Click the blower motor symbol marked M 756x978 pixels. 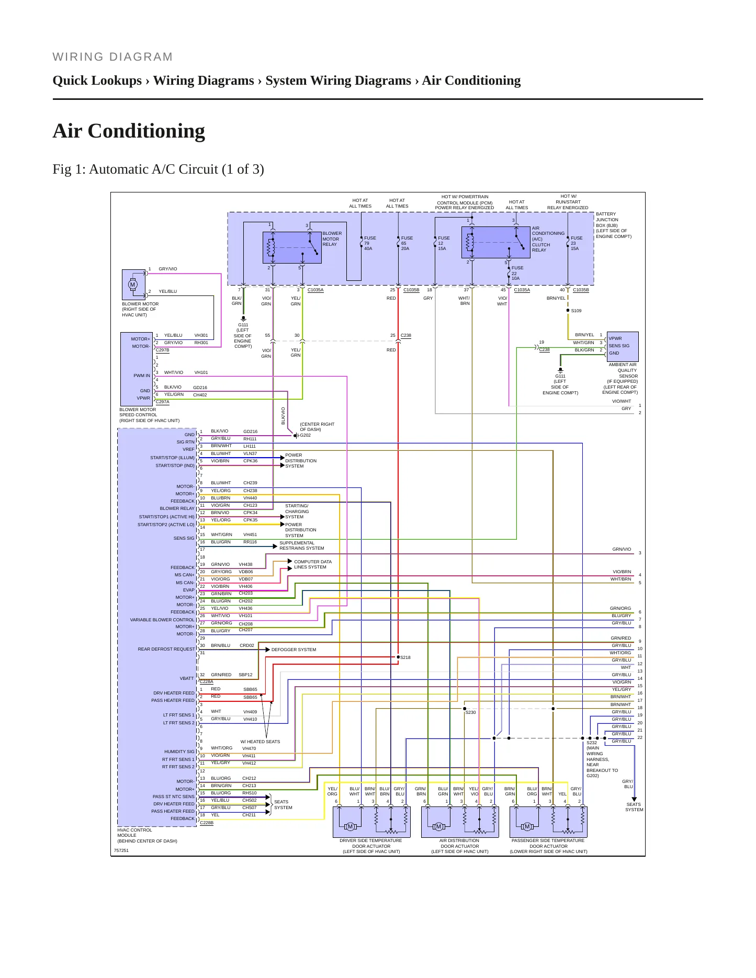[132, 285]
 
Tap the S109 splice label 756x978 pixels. [576, 311]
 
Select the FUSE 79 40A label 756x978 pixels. [370, 243]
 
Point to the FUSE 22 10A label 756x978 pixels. [517, 273]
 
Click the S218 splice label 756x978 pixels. [405, 657]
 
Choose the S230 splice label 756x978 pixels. [470, 712]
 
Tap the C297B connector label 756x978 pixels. [162, 350]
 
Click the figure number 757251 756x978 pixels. [121, 850]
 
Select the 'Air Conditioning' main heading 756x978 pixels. [129, 131]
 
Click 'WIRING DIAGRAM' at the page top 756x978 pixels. [112, 56]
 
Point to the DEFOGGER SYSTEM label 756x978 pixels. [294, 650]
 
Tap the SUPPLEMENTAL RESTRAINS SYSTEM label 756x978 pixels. [302, 545]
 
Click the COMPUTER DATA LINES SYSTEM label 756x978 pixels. [313, 564]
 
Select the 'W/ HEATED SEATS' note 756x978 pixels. [260, 742]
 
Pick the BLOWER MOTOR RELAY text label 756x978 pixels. [332, 239]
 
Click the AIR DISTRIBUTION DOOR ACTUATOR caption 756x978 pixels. [460, 846]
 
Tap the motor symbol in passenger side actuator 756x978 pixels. [527, 826]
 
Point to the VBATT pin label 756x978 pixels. [187, 678]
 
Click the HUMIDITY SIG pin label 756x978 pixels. [179, 752]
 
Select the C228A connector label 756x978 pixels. [206, 681]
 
